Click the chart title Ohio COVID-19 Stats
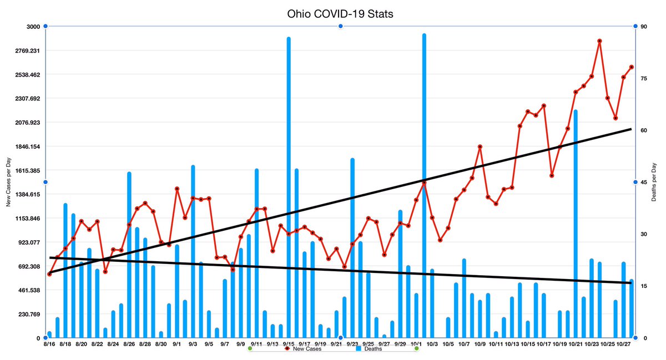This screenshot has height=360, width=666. pos(340,14)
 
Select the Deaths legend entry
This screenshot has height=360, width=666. pos(369,349)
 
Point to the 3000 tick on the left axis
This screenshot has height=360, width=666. pos(33,27)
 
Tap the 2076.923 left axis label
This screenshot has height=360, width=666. pos(27,123)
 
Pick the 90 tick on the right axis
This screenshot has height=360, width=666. pos(644,27)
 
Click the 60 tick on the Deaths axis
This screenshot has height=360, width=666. pos(644,130)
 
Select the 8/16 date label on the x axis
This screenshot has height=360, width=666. pos(49,344)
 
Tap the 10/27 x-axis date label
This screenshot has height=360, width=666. pos(623,344)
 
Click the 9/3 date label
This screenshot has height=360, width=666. pos(193,344)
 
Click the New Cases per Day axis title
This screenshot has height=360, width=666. pos(8,182)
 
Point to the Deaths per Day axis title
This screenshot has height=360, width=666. pos(654,182)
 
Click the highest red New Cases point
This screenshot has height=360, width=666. pos(600,41)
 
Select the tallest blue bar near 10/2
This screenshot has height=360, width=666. pos(424,186)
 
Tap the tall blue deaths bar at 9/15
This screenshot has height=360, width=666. pos(289,187)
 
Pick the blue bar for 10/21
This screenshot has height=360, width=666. pos(576,224)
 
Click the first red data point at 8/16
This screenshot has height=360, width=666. pos(49,274)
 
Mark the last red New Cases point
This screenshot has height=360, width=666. pos(632,67)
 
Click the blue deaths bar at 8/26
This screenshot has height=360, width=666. pos(129,255)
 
